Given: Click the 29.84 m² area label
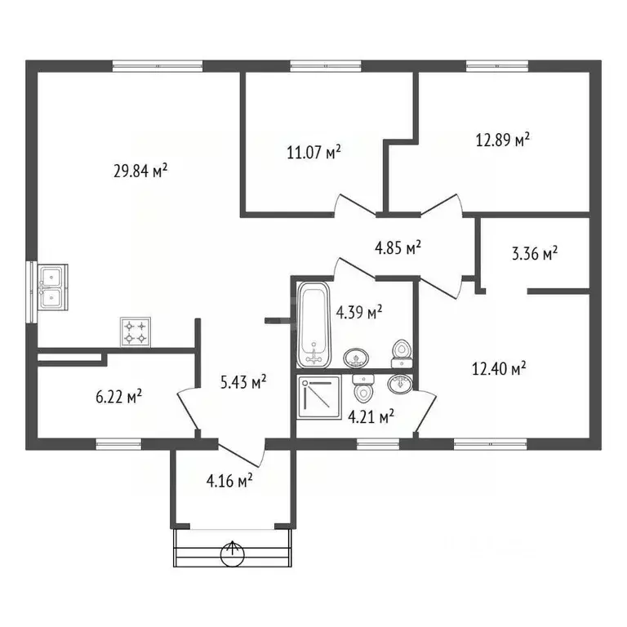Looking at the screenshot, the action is pos(140,171).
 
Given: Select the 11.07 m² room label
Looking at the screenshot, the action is pos(313,152).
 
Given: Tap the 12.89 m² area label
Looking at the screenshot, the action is pos(503,140).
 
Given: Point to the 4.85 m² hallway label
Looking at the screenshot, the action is pos(398,247).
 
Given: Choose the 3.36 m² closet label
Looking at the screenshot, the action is pos(535,253).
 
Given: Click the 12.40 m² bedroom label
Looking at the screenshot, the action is pos(499,368).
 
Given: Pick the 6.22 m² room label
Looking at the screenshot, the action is pos(118,397).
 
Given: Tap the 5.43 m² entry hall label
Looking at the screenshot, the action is pos(243,382).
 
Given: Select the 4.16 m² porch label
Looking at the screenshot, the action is pos(229,480).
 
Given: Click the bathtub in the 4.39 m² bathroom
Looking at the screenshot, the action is pos(313,325).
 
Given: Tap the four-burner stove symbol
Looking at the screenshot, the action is pos(136,332).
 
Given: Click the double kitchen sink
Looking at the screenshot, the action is pos(52,287).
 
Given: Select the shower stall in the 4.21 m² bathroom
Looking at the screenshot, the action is pos(319,397).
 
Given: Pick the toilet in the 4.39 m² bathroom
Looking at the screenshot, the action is pos(402,354).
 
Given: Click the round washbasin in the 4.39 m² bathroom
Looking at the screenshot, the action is pos(356,357).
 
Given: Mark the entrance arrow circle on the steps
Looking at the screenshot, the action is pos(233,554).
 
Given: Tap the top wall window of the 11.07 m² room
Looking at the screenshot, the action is pos(326,65).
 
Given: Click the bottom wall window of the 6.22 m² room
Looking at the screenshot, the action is pos(118,444).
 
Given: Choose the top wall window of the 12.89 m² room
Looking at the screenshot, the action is pos(497,65).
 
